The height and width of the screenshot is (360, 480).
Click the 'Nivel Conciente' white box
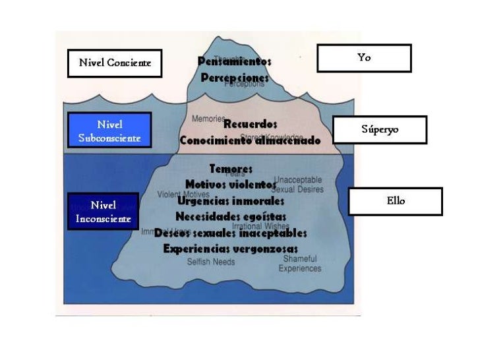coord(115,63)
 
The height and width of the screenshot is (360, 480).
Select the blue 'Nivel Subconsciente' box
coord(109,131)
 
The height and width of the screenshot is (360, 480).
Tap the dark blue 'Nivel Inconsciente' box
coord(103,212)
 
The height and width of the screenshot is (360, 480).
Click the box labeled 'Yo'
coord(364,58)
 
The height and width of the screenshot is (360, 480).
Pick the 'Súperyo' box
coord(380,130)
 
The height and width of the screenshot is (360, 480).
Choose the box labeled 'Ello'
coord(395,201)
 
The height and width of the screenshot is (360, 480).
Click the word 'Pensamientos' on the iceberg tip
coord(234,61)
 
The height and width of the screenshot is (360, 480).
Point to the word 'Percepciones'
coord(235,78)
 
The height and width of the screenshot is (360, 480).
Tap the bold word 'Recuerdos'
coord(250,123)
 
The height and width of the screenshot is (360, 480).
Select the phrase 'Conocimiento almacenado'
coord(250,140)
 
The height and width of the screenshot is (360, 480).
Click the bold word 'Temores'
coord(231,169)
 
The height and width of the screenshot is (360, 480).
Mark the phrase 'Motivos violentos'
coord(231,184)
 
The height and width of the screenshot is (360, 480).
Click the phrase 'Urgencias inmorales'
coord(231,200)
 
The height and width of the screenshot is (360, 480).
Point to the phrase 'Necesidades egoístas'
coord(231,216)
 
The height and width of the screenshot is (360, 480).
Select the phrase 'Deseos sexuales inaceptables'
coord(231,233)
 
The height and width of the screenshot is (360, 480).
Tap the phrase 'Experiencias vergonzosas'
coord(231,249)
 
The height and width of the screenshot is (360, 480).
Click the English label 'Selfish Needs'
coord(210,262)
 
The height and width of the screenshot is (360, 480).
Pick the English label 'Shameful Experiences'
coord(300,264)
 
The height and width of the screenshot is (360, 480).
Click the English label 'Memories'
coord(207,119)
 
